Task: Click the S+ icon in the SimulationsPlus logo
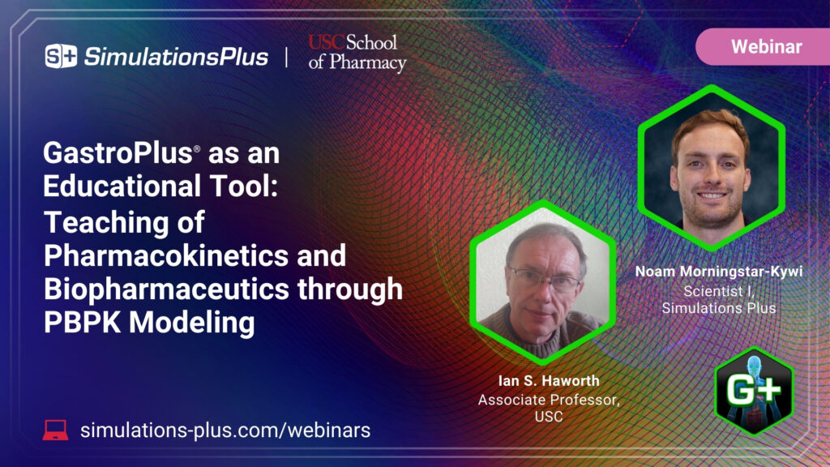61,56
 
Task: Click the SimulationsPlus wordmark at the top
176,56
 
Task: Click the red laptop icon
55,430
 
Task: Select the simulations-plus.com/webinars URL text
225,430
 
